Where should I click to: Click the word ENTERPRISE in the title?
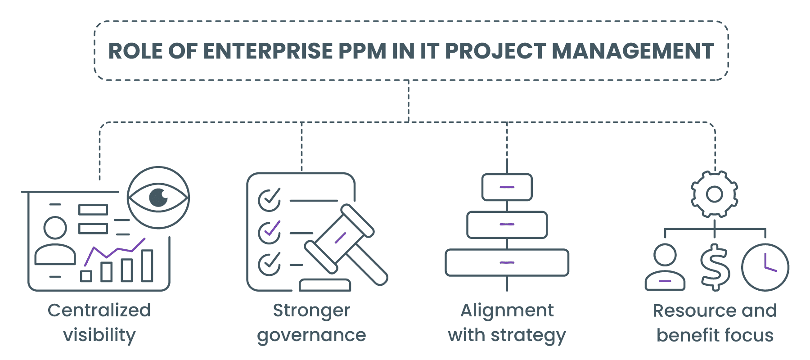coord(267,51)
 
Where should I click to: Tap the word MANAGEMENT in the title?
coord(633,51)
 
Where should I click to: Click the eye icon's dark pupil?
coord(158,197)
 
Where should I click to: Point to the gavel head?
coord(339,238)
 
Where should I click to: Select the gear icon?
coord(714,194)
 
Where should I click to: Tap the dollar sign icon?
coord(715,267)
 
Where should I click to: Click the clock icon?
coord(765,267)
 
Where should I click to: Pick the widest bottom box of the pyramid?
coord(507,262)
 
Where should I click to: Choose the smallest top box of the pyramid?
coord(507,187)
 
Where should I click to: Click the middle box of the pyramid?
coord(507,225)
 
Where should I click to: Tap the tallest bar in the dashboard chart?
coord(147,265)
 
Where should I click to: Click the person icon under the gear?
coord(665,267)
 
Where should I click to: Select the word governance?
coord(311,336)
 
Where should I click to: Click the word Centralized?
coord(99,310)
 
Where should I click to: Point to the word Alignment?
coord(507,310)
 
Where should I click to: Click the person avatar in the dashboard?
coord(55,241)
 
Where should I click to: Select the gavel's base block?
coord(325,285)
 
